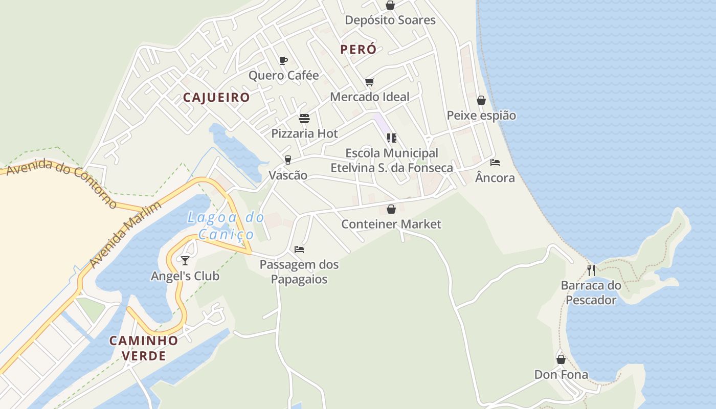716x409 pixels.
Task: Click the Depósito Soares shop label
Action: click(390, 20)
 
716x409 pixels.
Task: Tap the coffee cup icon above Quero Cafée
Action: click(283, 60)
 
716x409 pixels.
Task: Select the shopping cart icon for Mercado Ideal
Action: click(370, 82)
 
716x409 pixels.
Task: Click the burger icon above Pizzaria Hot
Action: click(304, 119)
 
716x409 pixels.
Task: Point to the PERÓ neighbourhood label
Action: click(358, 50)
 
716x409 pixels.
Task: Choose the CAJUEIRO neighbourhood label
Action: click(216, 98)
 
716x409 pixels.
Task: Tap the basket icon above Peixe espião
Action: click(481, 100)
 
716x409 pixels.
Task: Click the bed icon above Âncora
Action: click(495, 163)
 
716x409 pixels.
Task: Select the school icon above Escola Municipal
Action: click(392, 138)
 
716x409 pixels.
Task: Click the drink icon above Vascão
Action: click(288, 160)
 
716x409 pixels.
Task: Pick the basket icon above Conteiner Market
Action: click(391, 209)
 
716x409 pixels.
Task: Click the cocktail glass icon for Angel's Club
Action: click(185, 261)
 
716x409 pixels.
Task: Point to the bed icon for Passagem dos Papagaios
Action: click(299, 249)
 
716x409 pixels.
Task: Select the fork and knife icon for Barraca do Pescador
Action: click(591, 270)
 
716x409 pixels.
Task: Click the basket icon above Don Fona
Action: click(561, 359)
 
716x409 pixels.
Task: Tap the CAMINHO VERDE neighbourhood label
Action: click(144, 348)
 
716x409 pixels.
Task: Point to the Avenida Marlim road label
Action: click(125, 235)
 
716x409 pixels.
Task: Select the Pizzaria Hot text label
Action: click(304, 134)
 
